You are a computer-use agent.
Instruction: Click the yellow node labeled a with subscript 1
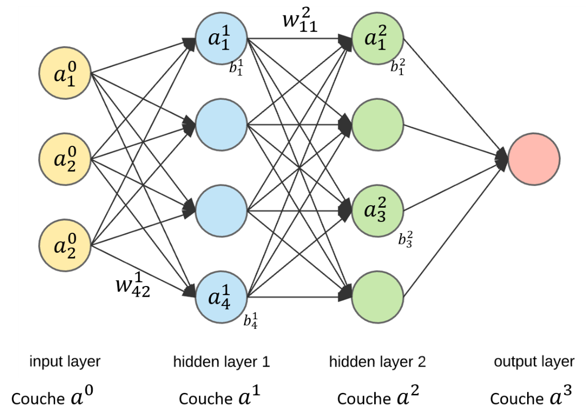click(x=65, y=74)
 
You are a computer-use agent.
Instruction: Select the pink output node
click(x=534, y=159)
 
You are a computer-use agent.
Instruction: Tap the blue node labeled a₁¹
click(x=221, y=39)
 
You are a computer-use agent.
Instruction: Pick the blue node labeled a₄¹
click(x=221, y=297)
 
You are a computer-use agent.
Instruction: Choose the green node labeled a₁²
click(x=378, y=39)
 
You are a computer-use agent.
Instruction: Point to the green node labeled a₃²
click(x=378, y=211)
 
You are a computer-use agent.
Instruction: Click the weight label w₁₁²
click(x=300, y=20)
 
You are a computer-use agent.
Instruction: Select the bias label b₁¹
click(x=236, y=68)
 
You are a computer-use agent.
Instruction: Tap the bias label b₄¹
click(x=250, y=321)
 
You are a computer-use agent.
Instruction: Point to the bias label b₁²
click(x=398, y=66)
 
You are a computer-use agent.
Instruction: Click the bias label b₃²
click(x=405, y=239)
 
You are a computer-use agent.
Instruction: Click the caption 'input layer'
click(x=65, y=362)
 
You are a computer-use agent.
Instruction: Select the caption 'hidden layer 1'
click(x=221, y=362)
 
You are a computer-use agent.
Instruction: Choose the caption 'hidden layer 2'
click(x=377, y=362)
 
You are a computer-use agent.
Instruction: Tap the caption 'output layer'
click(x=534, y=362)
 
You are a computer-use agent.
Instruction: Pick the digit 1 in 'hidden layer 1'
click(x=266, y=362)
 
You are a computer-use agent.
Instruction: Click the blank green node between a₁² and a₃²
click(x=378, y=125)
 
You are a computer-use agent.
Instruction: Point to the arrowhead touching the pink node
click(x=502, y=159)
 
